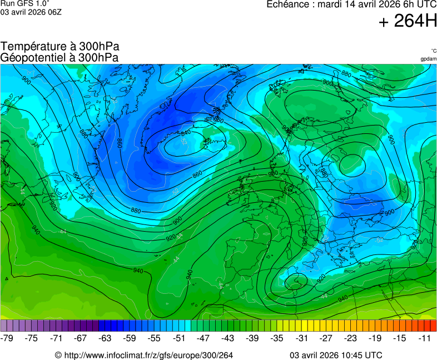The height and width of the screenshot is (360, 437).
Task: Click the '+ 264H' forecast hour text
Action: click(408, 22)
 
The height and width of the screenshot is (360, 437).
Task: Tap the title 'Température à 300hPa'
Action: click(59, 47)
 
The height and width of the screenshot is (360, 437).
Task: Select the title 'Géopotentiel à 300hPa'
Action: click(59, 57)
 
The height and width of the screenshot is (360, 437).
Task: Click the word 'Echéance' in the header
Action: click(287, 4)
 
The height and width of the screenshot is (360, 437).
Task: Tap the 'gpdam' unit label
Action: click(428, 59)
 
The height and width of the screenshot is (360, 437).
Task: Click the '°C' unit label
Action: click(433, 51)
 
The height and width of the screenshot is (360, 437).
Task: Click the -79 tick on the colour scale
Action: click(7, 338)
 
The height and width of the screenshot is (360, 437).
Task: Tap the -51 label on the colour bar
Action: click(179, 338)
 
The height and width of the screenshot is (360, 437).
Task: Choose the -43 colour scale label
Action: click(228, 338)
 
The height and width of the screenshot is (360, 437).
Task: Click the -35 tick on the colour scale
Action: click(277, 338)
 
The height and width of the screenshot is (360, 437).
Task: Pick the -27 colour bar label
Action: click(326, 338)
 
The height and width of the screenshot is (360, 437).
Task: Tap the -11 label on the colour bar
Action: click(424, 338)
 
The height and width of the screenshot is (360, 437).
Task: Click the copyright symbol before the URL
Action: click(58, 355)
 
